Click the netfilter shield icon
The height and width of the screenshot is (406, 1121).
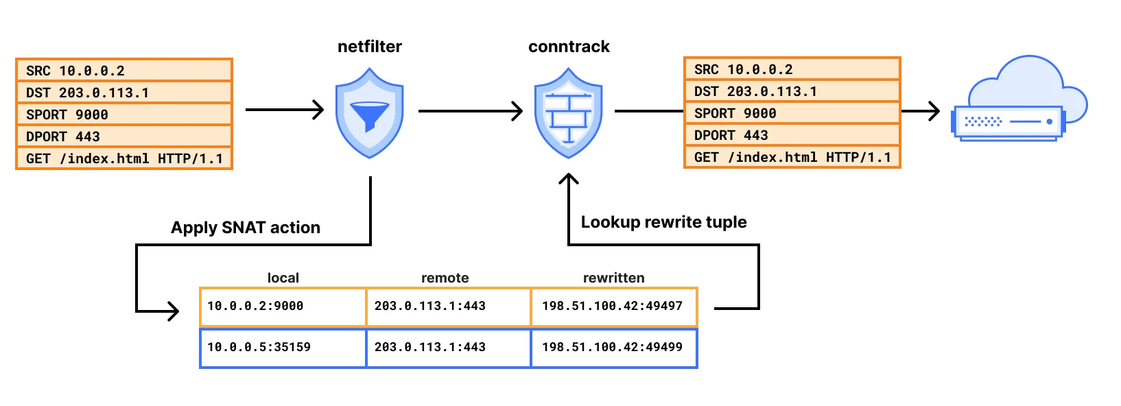click(x=369, y=113)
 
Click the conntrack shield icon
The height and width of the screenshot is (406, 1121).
click(x=568, y=113)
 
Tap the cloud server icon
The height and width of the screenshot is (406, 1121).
click(x=1019, y=103)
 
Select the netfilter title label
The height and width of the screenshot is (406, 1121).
click(x=369, y=47)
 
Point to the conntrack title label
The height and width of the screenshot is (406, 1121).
click(x=569, y=47)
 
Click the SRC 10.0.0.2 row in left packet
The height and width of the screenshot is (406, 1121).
click(x=124, y=71)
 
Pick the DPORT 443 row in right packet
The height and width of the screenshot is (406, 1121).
click(x=792, y=135)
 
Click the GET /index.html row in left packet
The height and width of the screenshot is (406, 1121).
click(x=124, y=158)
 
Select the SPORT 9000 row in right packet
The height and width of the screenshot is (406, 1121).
click(x=792, y=113)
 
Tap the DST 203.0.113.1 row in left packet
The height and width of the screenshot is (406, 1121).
click(x=124, y=93)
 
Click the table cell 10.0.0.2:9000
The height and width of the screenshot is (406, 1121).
click(x=283, y=307)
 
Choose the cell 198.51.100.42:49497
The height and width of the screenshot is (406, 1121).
click(x=613, y=307)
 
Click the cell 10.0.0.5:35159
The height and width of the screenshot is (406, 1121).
click(x=283, y=348)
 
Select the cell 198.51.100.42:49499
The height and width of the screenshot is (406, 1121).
click(x=613, y=348)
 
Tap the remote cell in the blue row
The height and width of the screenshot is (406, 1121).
click(x=448, y=348)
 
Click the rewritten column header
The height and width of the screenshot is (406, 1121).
click(x=613, y=278)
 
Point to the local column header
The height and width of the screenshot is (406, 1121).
click(x=283, y=278)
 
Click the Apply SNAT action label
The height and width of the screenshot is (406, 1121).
click(x=245, y=228)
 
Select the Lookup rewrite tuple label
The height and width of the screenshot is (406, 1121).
click(x=663, y=222)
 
